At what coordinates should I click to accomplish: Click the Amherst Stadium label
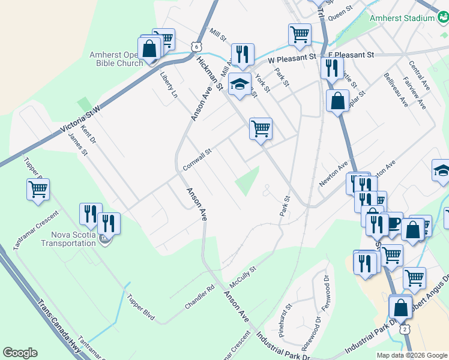click(x=402, y=18)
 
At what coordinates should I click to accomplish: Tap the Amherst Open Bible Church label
click(x=116, y=59)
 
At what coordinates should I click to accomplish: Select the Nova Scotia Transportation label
click(x=68, y=239)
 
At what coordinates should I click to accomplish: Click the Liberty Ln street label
click(x=169, y=86)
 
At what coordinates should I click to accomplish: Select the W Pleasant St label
click(x=292, y=59)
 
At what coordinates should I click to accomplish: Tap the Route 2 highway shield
click(x=405, y=329)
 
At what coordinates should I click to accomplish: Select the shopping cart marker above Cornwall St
click(x=261, y=128)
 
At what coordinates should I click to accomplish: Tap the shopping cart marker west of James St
click(x=38, y=189)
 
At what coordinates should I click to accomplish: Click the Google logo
click(x=20, y=353)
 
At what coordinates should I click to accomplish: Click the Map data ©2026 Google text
click(x=412, y=355)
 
